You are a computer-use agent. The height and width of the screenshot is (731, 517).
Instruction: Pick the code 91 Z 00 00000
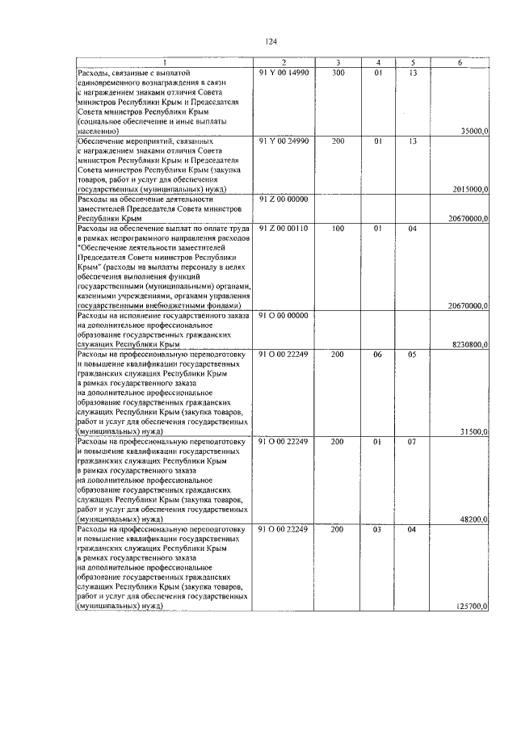coord(284,200)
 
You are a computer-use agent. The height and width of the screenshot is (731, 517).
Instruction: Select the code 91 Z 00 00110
coord(284,229)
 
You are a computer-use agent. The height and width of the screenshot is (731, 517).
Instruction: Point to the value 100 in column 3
coord(338,229)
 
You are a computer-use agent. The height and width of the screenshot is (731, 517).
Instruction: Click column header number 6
coord(460,63)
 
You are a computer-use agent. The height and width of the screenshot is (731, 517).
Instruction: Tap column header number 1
coord(163,63)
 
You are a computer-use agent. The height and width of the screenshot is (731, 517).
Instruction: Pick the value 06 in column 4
coord(376,354)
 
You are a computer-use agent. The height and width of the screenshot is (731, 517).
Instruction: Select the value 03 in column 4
coord(376,528)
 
